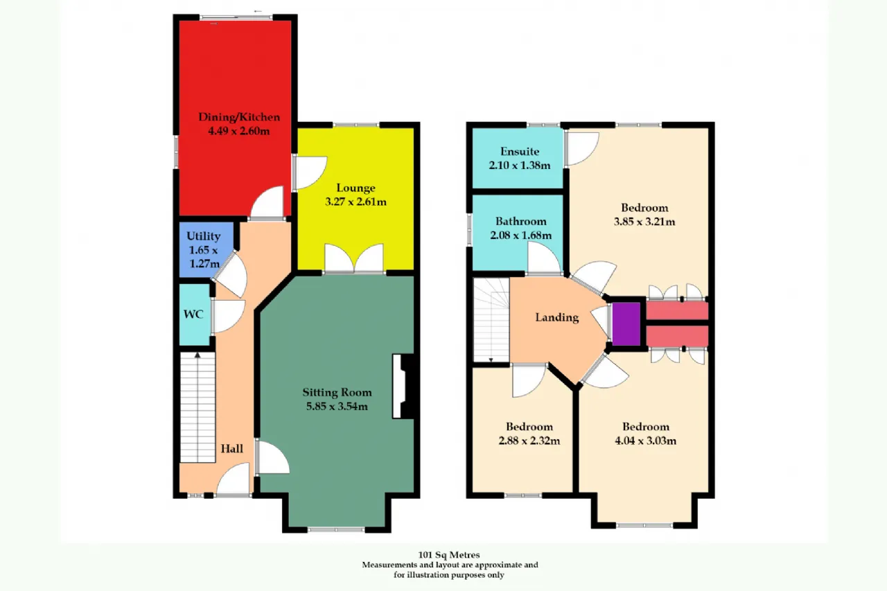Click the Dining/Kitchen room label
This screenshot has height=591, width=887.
[x=239, y=117]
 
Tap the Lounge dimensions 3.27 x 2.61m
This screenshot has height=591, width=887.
[x=355, y=202]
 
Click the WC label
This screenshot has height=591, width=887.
[x=193, y=315]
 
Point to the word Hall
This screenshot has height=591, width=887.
[x=231, y=448]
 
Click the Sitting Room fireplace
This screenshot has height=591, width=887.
[x=403, y=386]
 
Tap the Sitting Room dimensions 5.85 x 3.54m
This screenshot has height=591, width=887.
[x=337, y=406]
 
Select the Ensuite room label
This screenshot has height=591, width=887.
[x=520, y=151]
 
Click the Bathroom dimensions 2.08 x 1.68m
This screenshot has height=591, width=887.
[x=520, y=236]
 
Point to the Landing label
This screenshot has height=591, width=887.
[x=557, y=317]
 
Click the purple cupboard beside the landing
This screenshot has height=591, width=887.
[x=626, y=324]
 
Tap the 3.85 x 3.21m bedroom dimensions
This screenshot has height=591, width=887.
[x=644, y=222]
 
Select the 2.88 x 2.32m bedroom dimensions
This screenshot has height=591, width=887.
[x=529, y=441]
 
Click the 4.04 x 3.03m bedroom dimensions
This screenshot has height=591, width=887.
[x=645, y=441]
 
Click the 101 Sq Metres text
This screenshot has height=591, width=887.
[x=449, y=555]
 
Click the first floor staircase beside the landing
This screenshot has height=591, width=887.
[x=491, y=320]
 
